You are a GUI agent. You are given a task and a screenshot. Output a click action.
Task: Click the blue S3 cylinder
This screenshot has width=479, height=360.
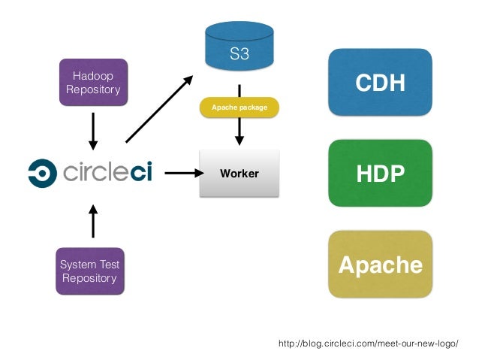(239, 46)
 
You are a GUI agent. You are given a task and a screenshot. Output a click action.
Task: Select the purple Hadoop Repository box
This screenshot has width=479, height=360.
(94, 82)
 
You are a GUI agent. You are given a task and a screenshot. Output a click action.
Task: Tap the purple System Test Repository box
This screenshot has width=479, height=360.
(90, 271)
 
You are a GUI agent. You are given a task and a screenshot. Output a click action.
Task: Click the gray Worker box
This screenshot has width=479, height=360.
(239, 173)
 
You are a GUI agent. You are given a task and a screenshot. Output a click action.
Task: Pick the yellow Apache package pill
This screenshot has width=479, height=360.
(239, 107)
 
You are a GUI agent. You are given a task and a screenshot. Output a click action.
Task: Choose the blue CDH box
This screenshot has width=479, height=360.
(380, 82)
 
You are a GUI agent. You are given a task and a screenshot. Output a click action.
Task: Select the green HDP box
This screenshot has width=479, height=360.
(380, 173)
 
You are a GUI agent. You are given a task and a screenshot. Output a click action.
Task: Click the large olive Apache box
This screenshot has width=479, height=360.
(380, 265)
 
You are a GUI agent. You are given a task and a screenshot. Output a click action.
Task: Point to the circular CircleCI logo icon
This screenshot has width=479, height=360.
(43, 173)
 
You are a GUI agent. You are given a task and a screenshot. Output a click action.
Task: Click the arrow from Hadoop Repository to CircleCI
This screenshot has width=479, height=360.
(93, 132)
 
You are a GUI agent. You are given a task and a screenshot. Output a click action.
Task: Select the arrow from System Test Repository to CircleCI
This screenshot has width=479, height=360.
(93, 222)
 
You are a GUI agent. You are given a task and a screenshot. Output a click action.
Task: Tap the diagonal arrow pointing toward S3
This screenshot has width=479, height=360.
(159, 109)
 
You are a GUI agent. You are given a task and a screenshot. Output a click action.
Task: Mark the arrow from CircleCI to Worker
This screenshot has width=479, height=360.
(184, 173)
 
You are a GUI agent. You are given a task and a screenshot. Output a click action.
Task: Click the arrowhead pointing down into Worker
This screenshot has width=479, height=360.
(239, 141)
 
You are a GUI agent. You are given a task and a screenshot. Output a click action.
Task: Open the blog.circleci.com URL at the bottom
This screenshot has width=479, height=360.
(368, 343)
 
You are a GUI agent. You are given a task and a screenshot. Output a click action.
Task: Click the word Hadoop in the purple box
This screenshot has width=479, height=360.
(93, 76)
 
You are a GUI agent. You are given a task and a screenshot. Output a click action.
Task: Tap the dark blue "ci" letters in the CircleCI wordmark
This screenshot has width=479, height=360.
(141, 172)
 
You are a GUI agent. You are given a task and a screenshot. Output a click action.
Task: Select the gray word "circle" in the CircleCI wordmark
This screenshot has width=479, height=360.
(97, 172)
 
